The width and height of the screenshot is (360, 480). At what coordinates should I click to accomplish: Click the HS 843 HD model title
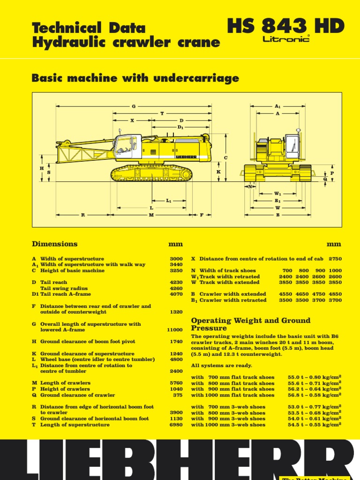coord(285,26)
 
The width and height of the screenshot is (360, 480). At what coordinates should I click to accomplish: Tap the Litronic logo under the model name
coord(286,40)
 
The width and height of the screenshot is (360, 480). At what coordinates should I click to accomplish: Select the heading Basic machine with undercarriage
coord(135,78)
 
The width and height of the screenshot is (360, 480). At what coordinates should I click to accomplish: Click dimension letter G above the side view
coord(134,106)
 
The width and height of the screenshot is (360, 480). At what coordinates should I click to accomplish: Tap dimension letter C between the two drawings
coord(225,157)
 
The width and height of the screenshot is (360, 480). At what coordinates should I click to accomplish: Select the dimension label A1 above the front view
coord(277,106)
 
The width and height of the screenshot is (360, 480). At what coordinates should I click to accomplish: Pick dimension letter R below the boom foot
coord(82,215)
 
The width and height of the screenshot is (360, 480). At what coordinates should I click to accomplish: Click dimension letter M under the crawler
coord(151,215)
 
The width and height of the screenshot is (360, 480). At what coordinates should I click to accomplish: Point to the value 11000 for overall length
coord(175,330)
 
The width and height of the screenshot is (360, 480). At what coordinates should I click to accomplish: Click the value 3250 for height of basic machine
coord(176,270)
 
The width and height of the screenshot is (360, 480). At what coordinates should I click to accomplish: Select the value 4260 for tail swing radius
coord(176,288)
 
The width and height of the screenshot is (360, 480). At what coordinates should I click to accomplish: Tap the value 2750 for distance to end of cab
coord(335,259)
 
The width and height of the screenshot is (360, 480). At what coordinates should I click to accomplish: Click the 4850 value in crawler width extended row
coord(335,294)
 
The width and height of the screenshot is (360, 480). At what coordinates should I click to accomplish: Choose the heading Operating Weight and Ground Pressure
coord(250,324)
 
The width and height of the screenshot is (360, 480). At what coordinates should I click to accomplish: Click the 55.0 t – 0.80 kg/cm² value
coord(314,377)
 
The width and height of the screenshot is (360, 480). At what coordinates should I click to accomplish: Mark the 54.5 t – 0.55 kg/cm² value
coord(314,425)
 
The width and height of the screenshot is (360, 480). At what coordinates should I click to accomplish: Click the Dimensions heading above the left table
coord(54,244)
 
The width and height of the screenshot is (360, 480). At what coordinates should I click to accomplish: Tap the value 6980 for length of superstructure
coord(176,425)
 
